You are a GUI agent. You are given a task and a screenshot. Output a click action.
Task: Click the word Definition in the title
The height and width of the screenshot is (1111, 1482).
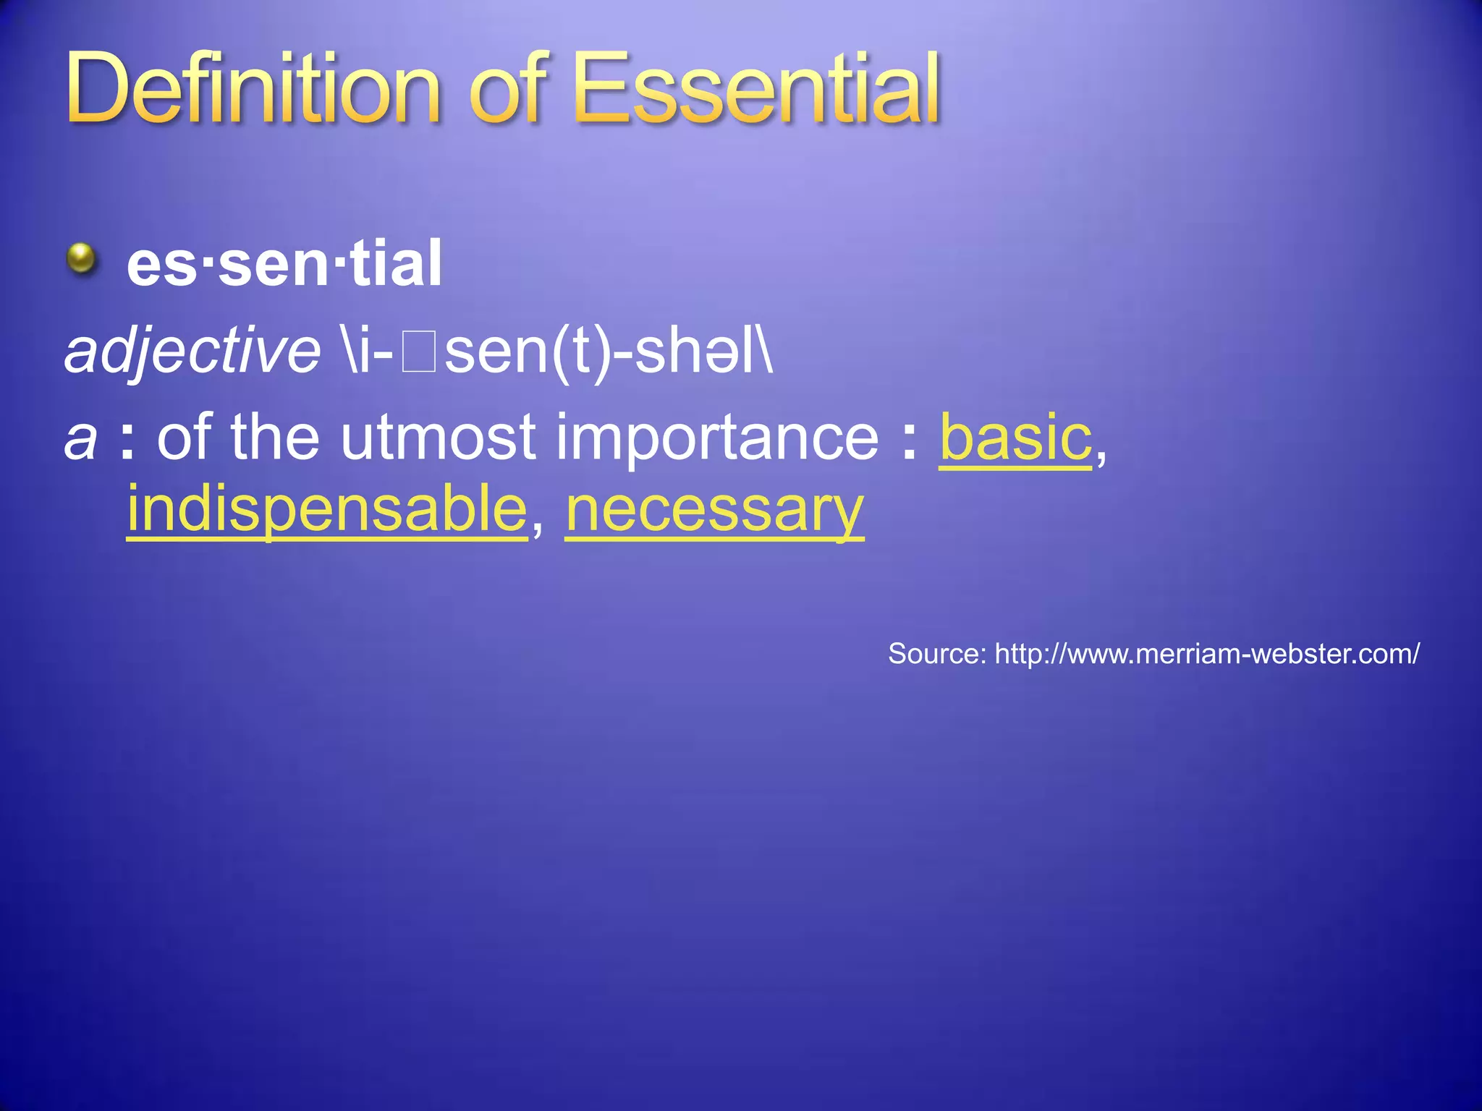253,90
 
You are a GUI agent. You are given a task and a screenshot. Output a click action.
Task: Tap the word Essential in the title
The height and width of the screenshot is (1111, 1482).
755,90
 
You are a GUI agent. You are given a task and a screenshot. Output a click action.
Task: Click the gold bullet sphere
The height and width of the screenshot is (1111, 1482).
82,259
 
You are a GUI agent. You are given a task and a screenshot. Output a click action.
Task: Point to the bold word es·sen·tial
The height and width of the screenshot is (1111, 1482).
284,264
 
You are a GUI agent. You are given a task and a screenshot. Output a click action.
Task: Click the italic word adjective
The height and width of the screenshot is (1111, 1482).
192,352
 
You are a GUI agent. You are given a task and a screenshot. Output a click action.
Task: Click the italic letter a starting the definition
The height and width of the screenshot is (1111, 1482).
80,439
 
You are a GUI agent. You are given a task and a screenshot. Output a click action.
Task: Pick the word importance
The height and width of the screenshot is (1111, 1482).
716,439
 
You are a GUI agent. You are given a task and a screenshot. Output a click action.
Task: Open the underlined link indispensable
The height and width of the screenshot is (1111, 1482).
327,511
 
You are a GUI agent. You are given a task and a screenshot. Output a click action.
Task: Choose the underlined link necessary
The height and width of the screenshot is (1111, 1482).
714,511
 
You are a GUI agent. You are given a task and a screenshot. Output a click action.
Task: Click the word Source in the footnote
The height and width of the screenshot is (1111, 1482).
936,654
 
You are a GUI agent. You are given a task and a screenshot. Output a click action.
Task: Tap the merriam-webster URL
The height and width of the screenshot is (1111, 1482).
1206,654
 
